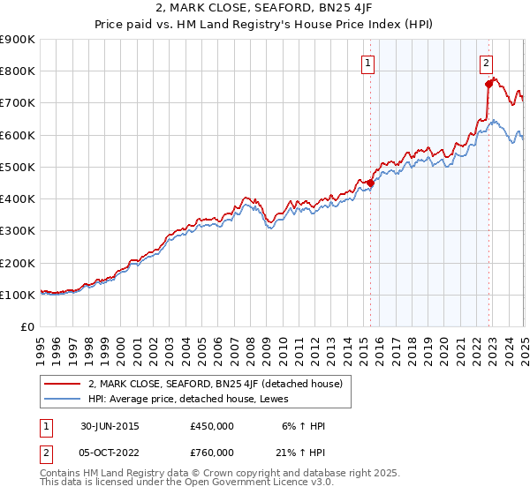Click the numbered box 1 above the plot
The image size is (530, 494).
coord(367,63)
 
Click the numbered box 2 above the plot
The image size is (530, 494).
coord(487,63)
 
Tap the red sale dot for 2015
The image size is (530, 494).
coord(370,183)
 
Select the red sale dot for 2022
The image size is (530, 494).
coord(488,84)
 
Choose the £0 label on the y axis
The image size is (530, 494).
coord(28,326)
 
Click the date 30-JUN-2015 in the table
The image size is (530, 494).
coord(108,427)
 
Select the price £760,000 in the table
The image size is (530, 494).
coord(211,453)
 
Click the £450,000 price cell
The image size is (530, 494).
coord(211,427)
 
